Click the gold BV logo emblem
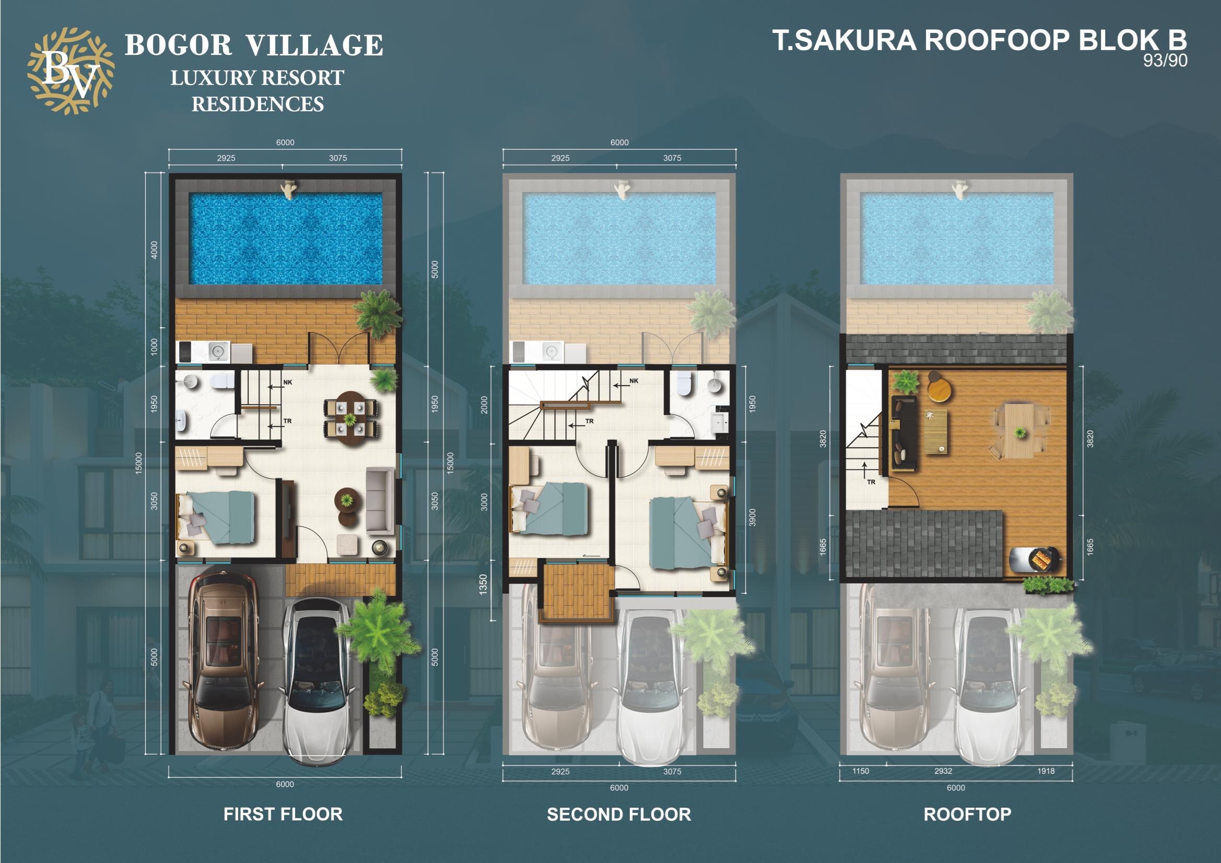(71, 71)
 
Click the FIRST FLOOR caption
(283, 814)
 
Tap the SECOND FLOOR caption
(619, 814)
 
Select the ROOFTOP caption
(967, 814)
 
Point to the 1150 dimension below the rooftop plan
(861, 771)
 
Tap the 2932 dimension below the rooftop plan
(943, 771)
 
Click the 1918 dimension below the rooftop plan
(1046, 771)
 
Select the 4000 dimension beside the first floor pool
(155, 250)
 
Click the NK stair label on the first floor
(288, 382)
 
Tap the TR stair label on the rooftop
(871, 482)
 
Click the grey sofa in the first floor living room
(380, 499)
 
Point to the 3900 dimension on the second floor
(752, 517)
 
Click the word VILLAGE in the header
(314, 45)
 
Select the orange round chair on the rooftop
(940, 387)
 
